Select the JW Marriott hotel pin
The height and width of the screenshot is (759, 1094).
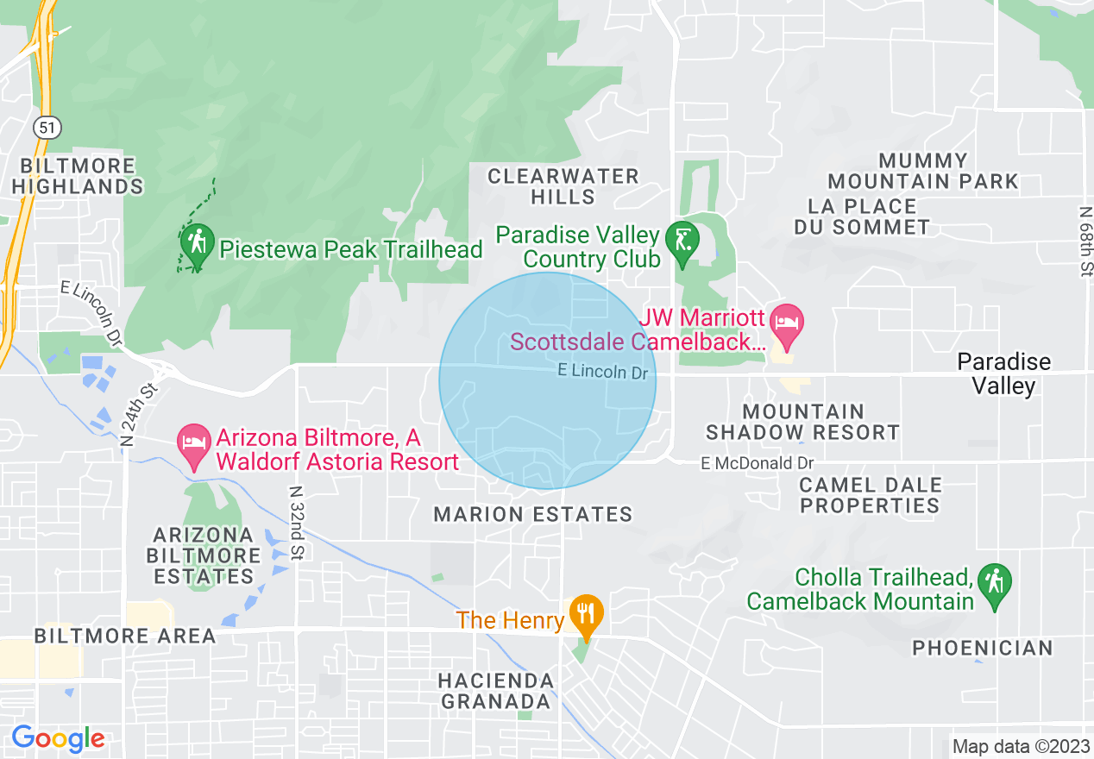pos(785,323)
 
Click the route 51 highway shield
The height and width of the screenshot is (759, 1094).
pos(47,128)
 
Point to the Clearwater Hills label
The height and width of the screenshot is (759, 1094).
pos(563,186)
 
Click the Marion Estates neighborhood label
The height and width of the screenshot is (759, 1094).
pos(533,515)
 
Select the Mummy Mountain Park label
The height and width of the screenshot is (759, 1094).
pos(923,171)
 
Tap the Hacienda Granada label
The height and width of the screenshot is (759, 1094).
pos(495,691)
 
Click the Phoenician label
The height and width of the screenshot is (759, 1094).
pos(983,648)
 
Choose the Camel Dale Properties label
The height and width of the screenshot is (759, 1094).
pos(870,495)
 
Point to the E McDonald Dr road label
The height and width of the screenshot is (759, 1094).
pos(758,463)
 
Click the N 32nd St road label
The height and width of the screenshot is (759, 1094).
pos(296,522)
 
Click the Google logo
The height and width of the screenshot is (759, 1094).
pos(58,738)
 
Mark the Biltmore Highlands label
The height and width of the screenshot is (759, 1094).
pos(79,176)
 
